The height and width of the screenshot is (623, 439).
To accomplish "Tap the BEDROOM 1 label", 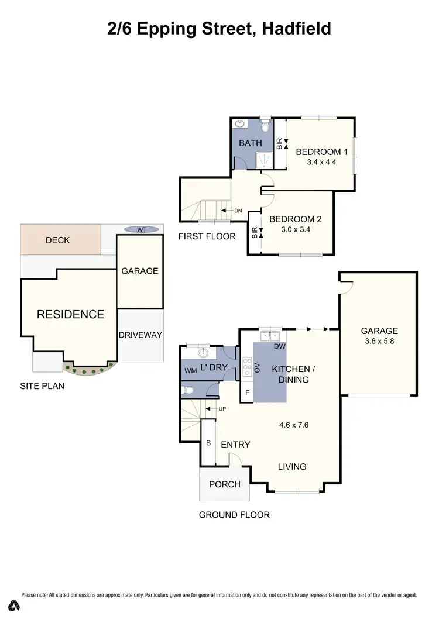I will tap(321, 152).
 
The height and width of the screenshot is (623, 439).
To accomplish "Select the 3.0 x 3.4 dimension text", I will tap(296, 230).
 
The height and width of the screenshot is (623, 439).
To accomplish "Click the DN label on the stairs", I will tap(238, 211).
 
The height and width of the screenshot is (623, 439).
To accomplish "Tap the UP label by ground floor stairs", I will tap(222, 408).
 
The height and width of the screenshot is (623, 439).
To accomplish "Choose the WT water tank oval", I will tap(141, 230).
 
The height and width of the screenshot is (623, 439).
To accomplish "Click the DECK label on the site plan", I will tap(57, 240).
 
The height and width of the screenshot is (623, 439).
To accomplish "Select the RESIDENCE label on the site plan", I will tap(70, 314).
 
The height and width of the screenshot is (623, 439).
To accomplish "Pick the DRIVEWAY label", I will tap(140, 335).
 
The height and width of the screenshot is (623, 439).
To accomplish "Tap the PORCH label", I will tap(225, 484).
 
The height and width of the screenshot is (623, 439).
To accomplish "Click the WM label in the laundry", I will tap(191, 370).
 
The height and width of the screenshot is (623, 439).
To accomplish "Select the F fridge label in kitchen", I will tap(246, 393).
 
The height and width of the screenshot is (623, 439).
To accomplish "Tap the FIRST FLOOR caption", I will tap(208, 236).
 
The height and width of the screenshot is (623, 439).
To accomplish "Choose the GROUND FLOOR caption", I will tap(234, 515).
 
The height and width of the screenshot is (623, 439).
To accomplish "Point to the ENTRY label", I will tap(235, 445).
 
